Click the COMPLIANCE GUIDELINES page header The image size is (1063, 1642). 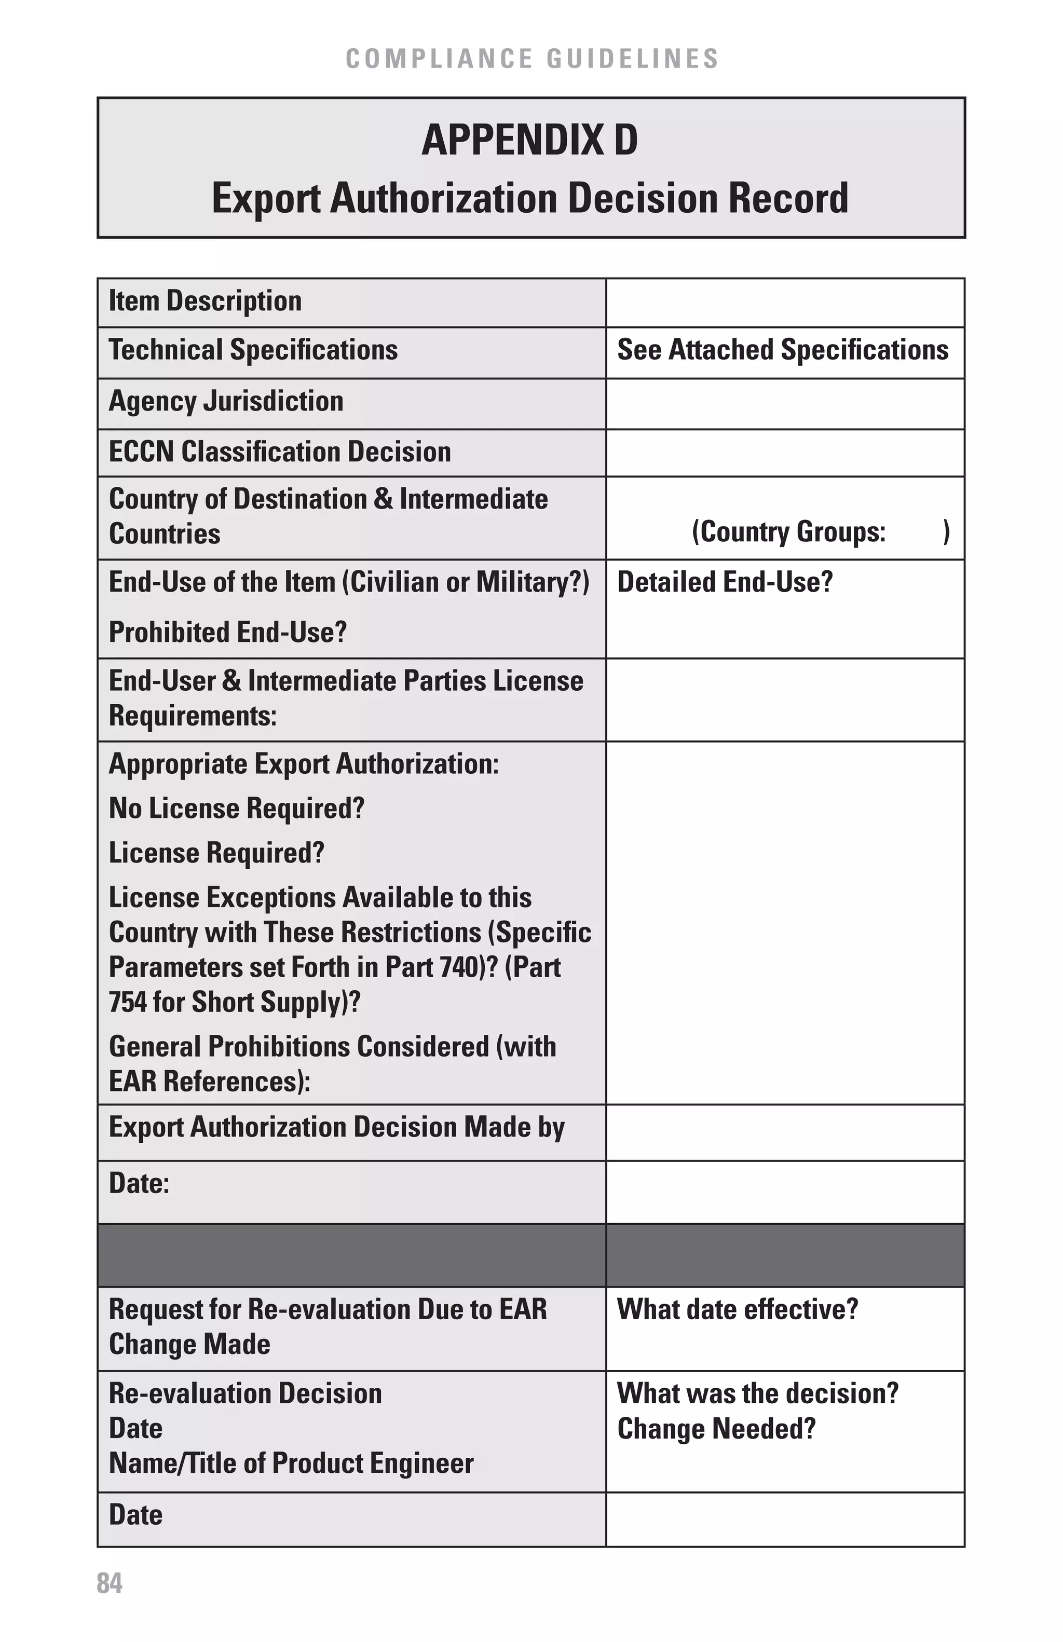coord(532,59)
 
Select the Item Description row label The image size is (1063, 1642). coord(205,302)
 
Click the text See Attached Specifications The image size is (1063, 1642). coord(782,350)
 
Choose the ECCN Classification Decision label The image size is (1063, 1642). coord(279,452)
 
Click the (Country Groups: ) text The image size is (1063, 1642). coord(820,531)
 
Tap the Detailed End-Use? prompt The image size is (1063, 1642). coord(724,582)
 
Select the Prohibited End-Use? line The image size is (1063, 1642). coord(227,632)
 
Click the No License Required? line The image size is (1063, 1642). coord(236,808)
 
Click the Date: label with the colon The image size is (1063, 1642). coord(139,1184)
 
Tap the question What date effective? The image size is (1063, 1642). coord(737,1309)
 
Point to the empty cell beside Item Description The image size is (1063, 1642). coord(784,302)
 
